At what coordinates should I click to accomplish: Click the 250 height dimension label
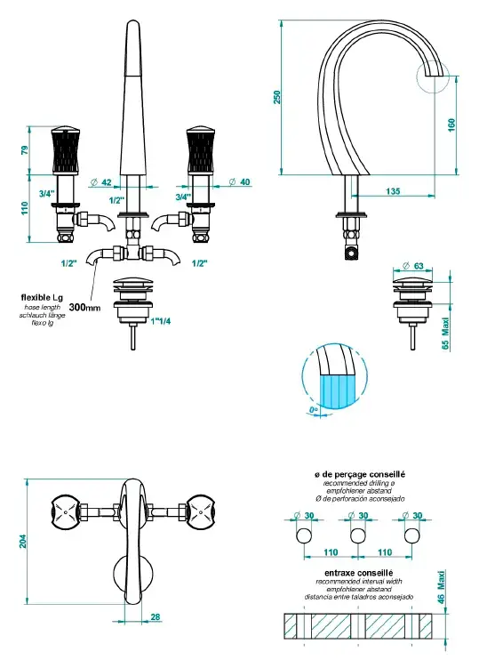click(277, 97)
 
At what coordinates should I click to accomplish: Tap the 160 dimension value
click(451, 125)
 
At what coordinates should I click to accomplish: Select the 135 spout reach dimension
click(393, 191)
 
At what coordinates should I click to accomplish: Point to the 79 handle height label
click(25, 150)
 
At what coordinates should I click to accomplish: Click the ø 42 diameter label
click(100, 182)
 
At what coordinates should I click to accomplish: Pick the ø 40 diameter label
click(239, 182)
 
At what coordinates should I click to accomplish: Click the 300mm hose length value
click(84, 307)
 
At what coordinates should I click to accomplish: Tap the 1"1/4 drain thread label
click(161, 321)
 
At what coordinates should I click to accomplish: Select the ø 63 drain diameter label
click(413, 265)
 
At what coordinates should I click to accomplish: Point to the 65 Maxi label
click(445, 334)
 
